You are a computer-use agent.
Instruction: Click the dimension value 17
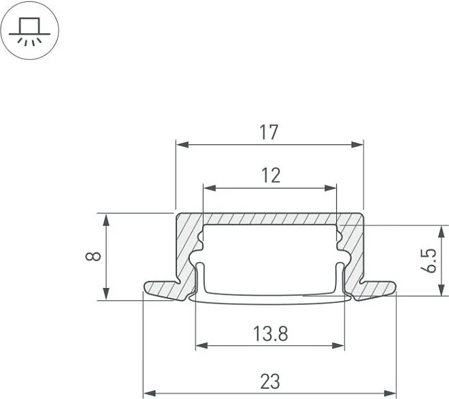(x=269, y=132)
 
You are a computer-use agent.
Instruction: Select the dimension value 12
(x=271, y=176)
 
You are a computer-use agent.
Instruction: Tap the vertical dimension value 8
(x=93, y=256)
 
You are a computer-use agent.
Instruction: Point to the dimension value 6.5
(x=429, y=260)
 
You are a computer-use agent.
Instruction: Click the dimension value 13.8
(x=270, y=334)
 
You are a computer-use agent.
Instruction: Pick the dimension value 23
(x=270, y=381)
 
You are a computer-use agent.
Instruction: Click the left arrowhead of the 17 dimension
(x=182, y=144)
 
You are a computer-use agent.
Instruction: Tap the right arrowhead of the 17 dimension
(x=357, y=144)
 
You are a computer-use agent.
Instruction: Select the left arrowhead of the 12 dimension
(x=210, y=188)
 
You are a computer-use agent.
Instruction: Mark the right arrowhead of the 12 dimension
(x=330, y=188)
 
